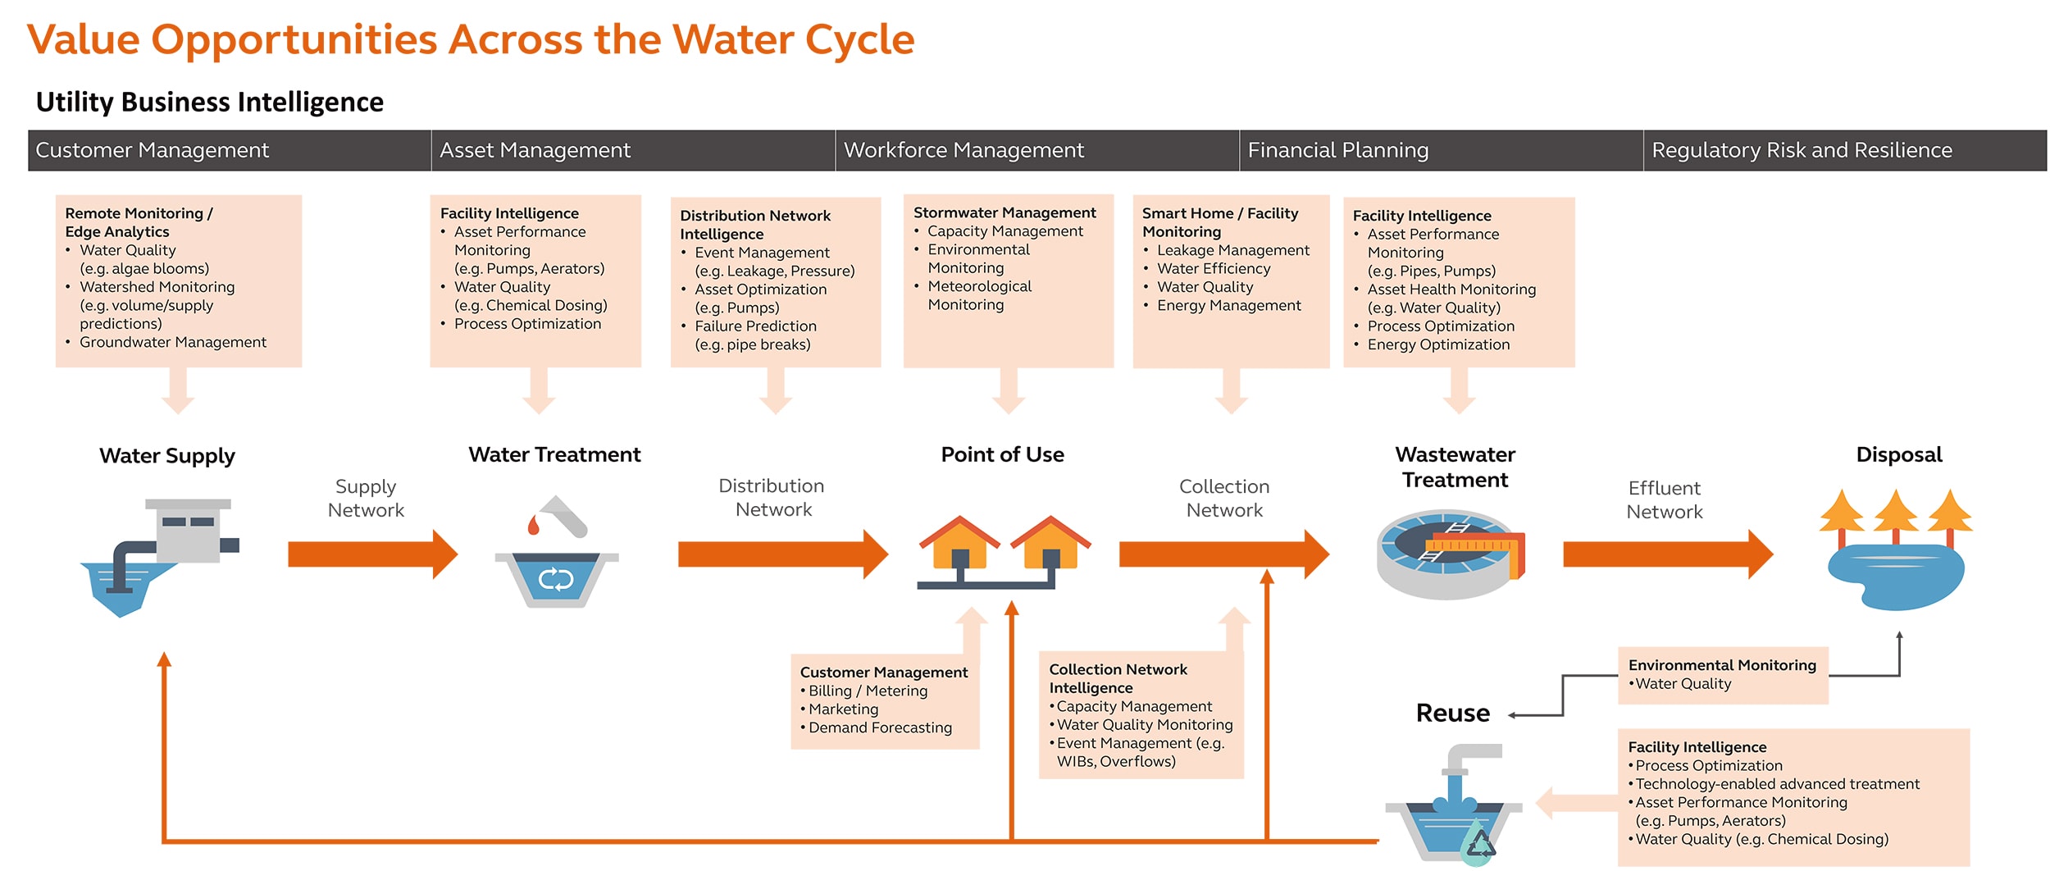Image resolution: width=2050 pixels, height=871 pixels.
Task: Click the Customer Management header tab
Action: click(x=152, y=150)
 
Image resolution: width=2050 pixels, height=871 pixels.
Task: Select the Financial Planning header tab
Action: click(x=1337, y=150)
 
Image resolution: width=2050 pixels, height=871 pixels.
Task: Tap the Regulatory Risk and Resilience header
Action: click(x=1801, y=150)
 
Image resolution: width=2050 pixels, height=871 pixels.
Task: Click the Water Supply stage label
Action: click(x=166, y=455)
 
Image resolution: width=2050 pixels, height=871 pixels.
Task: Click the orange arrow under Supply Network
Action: click(x=371, y=554)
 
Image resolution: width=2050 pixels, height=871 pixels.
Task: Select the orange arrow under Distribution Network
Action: click(x=781, y=554)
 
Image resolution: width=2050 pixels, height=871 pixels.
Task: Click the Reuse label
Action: click(x=1452, y=713)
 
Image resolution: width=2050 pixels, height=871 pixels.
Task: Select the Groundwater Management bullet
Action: click(x=172, y=342)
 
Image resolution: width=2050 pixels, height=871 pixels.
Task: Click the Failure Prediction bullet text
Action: click(x=754, y=326)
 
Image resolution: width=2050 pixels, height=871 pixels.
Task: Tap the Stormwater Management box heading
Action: click(x=1004, y=212)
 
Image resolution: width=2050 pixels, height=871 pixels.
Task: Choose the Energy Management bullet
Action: click(x=1228, y=305)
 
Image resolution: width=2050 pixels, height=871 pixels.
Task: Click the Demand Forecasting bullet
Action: click(x=879, y=727)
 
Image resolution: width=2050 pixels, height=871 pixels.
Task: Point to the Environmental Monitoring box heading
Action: click(x=1721, y=665)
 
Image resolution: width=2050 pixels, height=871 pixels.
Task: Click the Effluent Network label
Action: click(x=1664, y=499)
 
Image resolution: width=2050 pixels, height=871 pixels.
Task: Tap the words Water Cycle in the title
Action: click(x=793, y=39)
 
